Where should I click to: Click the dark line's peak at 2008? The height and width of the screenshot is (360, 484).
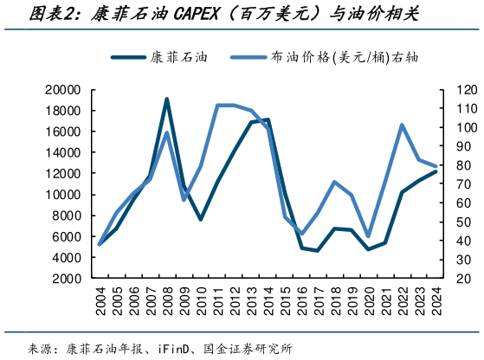tap(166, 100)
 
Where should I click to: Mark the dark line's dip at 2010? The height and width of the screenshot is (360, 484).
tap(200, 219)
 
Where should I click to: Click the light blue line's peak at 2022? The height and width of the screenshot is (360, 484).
tap(402, 125)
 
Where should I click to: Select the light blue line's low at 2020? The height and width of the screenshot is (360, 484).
tap(368, 236)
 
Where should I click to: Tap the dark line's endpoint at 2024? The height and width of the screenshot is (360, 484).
tap(436, 171)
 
